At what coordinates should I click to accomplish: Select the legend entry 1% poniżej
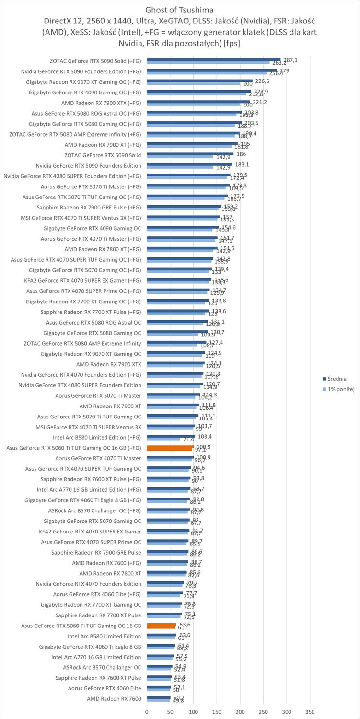point(341,389)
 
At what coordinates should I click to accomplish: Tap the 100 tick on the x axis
point(194,712)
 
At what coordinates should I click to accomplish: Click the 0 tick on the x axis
point(147,712)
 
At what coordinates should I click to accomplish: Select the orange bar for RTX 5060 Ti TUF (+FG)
point(170,448)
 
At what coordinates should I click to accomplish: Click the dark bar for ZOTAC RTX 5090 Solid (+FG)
point(214,60)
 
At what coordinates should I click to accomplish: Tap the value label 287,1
point(290,60)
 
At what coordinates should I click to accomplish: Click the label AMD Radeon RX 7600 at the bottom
point(114,699)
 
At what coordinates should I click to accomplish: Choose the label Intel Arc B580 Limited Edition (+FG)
point(97,437)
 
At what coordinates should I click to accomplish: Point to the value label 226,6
point(262,81)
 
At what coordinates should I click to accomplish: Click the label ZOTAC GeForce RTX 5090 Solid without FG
point(103,155)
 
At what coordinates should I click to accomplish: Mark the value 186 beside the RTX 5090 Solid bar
point(242,154)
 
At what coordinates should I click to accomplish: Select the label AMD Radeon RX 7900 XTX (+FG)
point(101,103)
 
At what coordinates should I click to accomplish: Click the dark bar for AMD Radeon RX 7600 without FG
point(159,697)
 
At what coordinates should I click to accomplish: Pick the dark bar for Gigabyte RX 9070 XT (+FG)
point(199,81)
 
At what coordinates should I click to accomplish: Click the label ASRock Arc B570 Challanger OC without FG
point(102,667)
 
